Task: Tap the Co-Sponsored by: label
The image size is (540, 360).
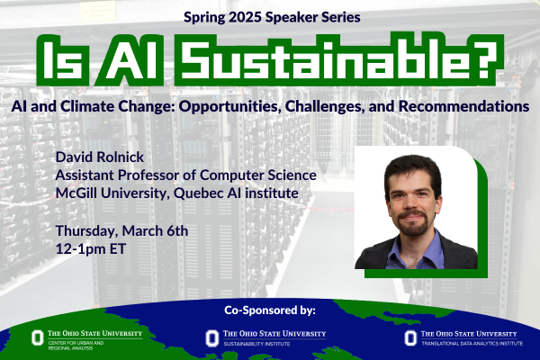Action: pos(270,310)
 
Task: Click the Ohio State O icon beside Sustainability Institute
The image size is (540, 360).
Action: pos(211,337)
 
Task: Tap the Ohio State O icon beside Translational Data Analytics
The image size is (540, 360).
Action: pos(409,337)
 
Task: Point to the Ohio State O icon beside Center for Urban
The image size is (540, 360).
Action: pos(37,337)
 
